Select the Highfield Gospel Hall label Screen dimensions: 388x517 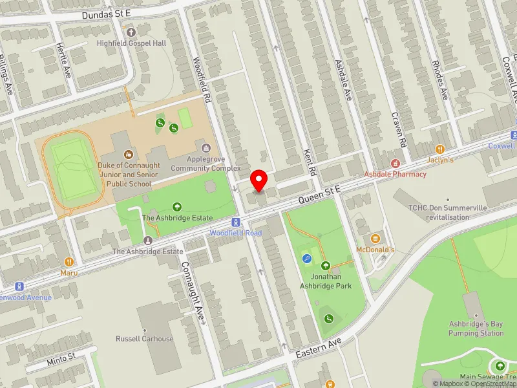131,43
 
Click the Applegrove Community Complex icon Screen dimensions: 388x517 207,148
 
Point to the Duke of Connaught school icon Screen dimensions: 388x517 128,155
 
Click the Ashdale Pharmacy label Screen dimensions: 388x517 395,174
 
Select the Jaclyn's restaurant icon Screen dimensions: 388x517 440,149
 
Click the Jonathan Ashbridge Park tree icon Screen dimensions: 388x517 326,265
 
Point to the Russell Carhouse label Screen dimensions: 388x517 144,339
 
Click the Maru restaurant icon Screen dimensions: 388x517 69,262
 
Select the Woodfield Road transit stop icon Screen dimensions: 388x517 237,222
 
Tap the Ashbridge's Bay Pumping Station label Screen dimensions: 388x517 476,329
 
